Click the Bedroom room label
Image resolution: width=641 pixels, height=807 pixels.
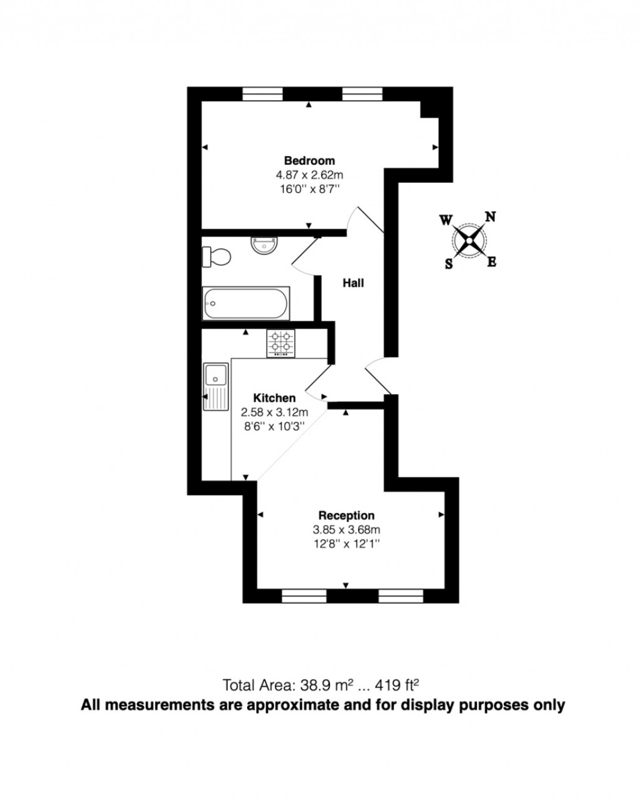point(309,160)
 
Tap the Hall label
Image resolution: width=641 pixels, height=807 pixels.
point(353,283)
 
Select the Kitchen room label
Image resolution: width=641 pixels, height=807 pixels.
point(274,398)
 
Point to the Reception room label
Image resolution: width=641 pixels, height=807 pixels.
point(346,516)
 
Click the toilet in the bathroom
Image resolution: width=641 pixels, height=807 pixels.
point(217,256)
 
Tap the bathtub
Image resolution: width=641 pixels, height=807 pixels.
point(246,304)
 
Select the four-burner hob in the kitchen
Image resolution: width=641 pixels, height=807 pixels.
point(281,343)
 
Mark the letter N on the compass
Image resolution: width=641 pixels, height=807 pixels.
point(491,217)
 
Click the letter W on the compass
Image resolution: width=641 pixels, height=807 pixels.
point(446,220)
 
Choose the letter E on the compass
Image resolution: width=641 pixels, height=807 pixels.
point(492,262)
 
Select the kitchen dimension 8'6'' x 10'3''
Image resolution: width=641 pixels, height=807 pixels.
point(274,425)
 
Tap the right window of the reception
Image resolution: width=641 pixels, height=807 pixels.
point(401,596)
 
